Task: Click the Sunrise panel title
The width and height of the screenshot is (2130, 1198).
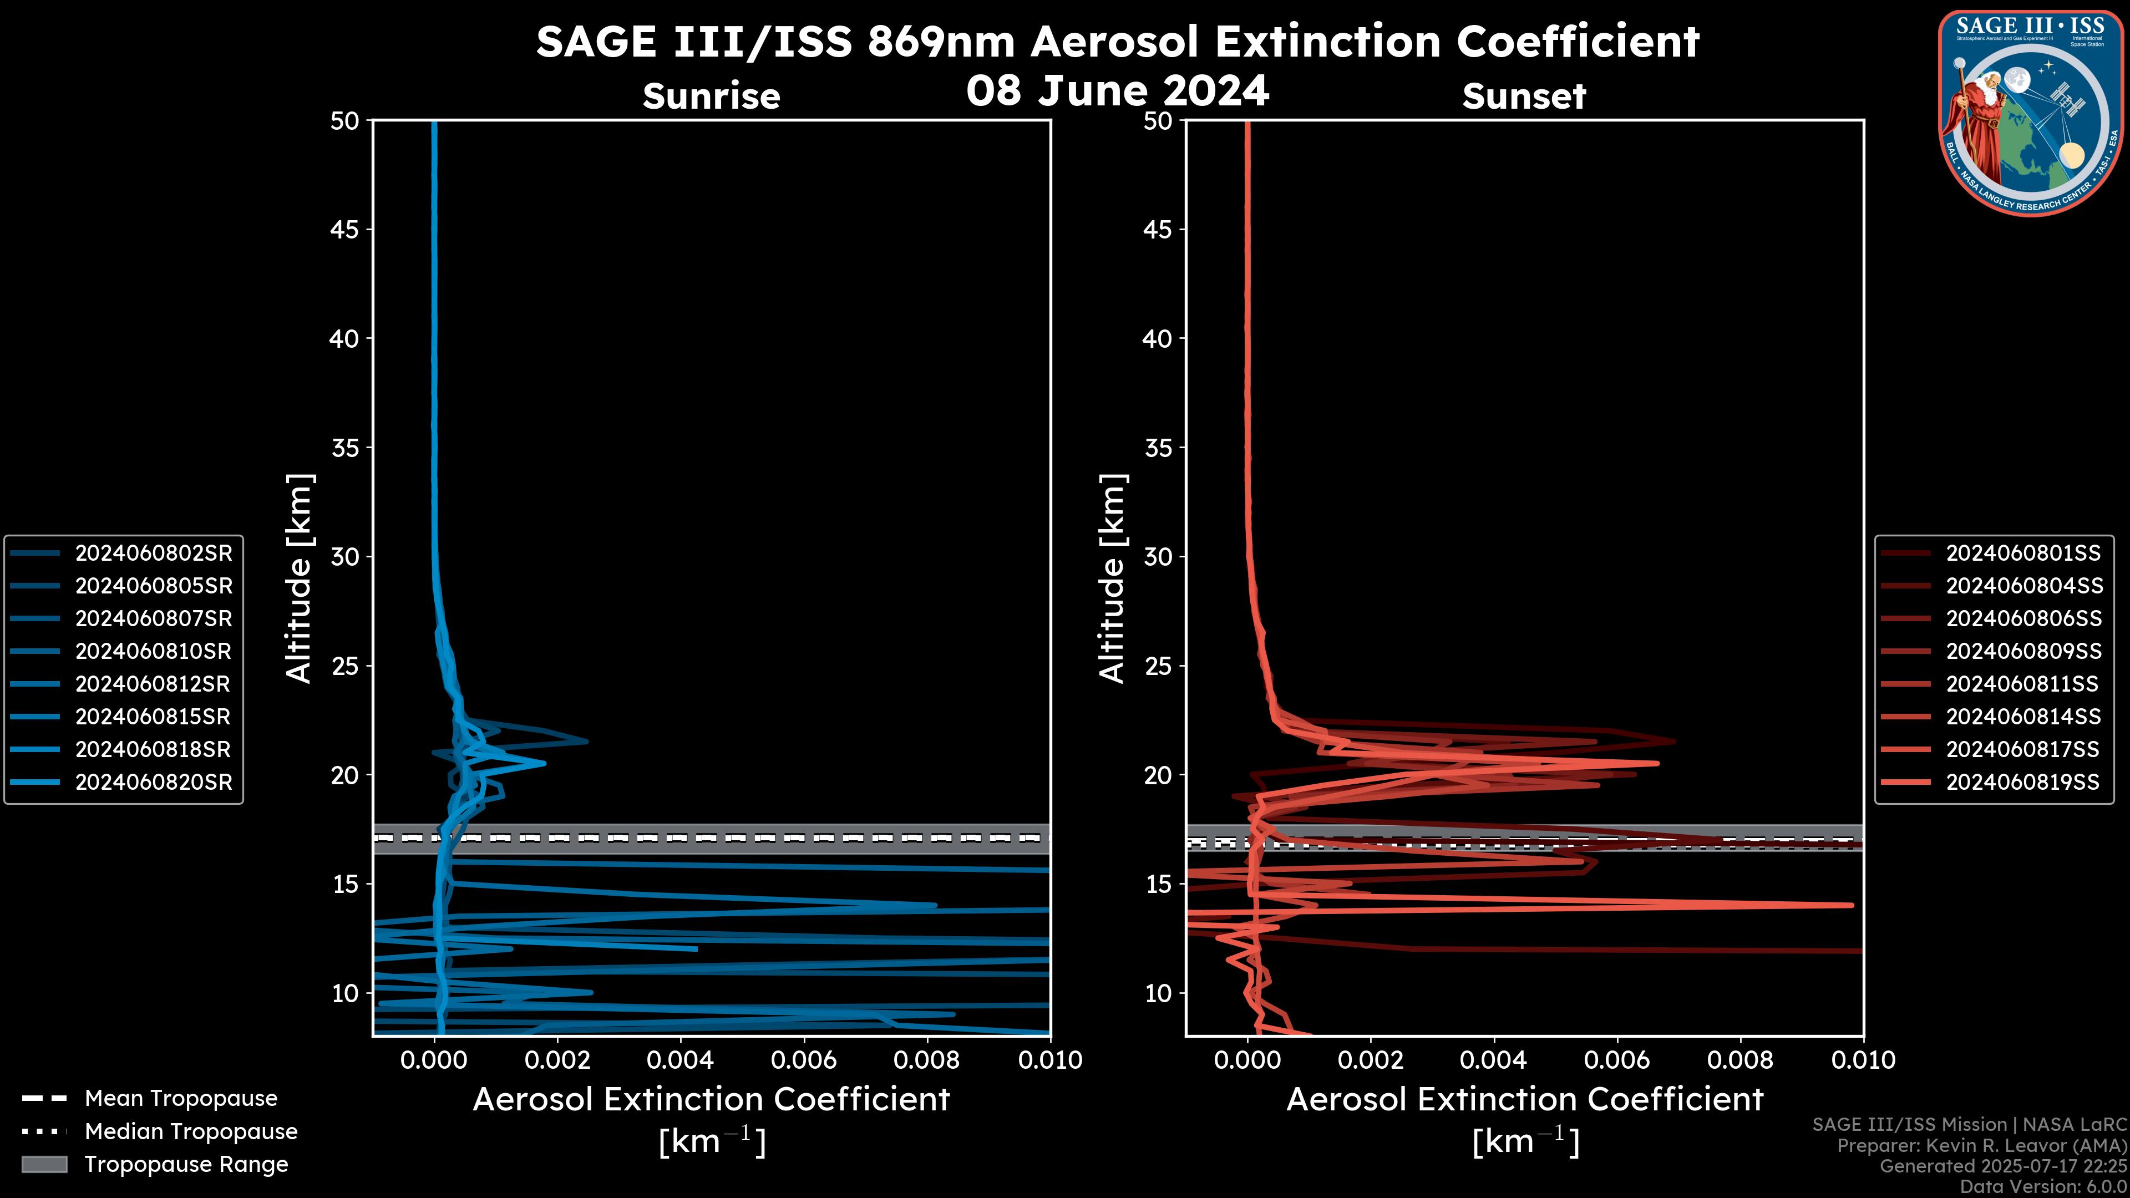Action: (711, 96)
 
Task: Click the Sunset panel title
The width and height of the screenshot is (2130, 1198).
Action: (1523, 96)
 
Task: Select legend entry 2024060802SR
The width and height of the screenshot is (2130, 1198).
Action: (153, 553)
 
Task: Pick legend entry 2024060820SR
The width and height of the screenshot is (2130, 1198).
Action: (153, 782)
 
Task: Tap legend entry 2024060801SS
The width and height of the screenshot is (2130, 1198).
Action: (2022, 553)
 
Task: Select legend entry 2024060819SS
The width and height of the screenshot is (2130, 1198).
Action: (2022, 782)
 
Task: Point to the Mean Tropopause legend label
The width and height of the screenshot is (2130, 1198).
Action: (181, 1099)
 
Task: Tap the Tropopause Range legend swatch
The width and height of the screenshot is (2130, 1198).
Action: (44, 1165)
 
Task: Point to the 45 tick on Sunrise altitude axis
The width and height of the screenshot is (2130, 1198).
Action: (345, 230)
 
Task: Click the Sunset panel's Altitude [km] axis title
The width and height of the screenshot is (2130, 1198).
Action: (1112, 578)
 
